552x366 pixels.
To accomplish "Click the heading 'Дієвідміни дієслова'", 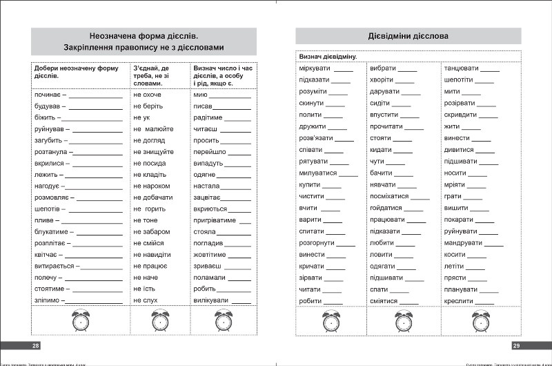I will tap(408, 36).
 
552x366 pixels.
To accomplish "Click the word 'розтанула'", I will tap(50, 152).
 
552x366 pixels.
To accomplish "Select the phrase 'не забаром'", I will tap(151, 231).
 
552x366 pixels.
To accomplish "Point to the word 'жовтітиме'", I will tap(210, 254).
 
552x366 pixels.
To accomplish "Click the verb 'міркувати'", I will tap(315, 68).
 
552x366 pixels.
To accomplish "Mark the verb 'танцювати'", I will tap(461, 68).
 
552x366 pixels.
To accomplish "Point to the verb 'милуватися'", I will tap(318, 173).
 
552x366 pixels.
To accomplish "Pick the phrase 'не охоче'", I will tap(147, 94).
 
